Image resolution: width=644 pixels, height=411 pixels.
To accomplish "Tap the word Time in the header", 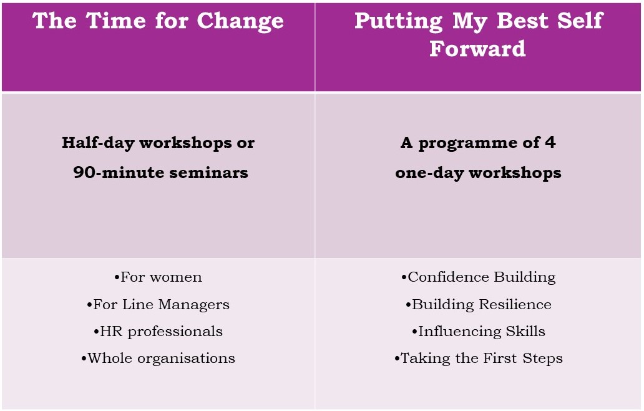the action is coord(116,20).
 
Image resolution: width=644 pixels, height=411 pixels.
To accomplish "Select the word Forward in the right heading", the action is coord(477,48).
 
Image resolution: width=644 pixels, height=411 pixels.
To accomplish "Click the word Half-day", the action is coord(98,143).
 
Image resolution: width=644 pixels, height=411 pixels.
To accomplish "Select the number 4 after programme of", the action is coord(550,142).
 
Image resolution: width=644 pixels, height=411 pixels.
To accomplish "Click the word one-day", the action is coord(429,173).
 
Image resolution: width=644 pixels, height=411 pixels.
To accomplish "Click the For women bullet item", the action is coord(158,277).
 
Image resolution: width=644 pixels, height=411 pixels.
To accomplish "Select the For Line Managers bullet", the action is coord(158,305).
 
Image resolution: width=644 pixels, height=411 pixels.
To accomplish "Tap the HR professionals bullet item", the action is coord(158,332).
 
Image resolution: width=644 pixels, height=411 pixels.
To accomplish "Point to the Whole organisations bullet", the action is coord(158,359).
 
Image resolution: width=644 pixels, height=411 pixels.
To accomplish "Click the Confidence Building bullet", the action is coord(479,277).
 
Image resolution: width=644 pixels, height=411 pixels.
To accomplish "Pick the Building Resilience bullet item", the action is coord(479,305).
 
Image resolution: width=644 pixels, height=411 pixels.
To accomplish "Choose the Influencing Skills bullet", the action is coord(479,332).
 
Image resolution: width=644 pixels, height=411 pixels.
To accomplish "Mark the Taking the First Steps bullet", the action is coord(479,359).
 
